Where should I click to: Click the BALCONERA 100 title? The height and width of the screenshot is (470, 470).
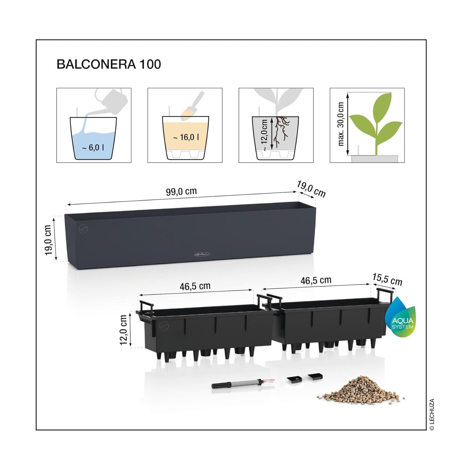[109, 64]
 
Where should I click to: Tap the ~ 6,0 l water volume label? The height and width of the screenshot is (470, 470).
[93, 147]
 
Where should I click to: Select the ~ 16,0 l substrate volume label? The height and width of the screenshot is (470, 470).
[186, 137]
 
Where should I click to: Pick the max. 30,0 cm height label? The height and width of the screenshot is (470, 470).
[341, 124]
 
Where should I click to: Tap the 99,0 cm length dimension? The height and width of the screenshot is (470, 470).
[181, 191]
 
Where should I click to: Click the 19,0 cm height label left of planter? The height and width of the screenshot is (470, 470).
[48, 240]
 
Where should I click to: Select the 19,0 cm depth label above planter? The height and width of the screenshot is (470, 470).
[311, 189]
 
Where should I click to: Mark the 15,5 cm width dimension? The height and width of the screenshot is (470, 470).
[387, 279]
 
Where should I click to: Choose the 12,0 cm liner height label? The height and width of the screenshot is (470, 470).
[123, 330]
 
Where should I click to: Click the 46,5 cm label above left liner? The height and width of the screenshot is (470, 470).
[195, 286]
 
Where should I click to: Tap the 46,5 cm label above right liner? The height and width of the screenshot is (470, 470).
[316, 280]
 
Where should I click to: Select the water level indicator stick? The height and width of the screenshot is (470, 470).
[243, 384]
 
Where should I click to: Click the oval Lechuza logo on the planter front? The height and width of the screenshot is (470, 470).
[202, 254]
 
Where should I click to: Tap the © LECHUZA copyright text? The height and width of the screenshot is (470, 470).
[432, 414]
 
